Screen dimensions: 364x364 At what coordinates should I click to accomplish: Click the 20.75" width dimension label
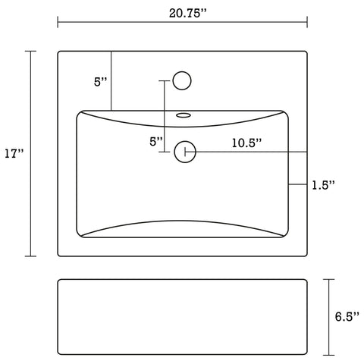(x=181, y=10)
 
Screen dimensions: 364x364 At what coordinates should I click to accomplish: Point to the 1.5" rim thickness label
(x=323, y=184)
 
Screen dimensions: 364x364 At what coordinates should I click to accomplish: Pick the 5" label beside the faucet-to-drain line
(x=155, y=141)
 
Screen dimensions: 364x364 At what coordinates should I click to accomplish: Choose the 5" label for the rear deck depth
(x=100, y=83)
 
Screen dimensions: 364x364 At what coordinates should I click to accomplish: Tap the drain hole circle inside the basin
(x=183, y=152)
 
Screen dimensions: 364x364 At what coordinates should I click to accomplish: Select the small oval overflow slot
(x=183, y=117)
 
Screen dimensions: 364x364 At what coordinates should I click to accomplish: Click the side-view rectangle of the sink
(x=182, y=317)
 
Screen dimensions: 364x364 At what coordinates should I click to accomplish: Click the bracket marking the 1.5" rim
(x=298, y=184)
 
